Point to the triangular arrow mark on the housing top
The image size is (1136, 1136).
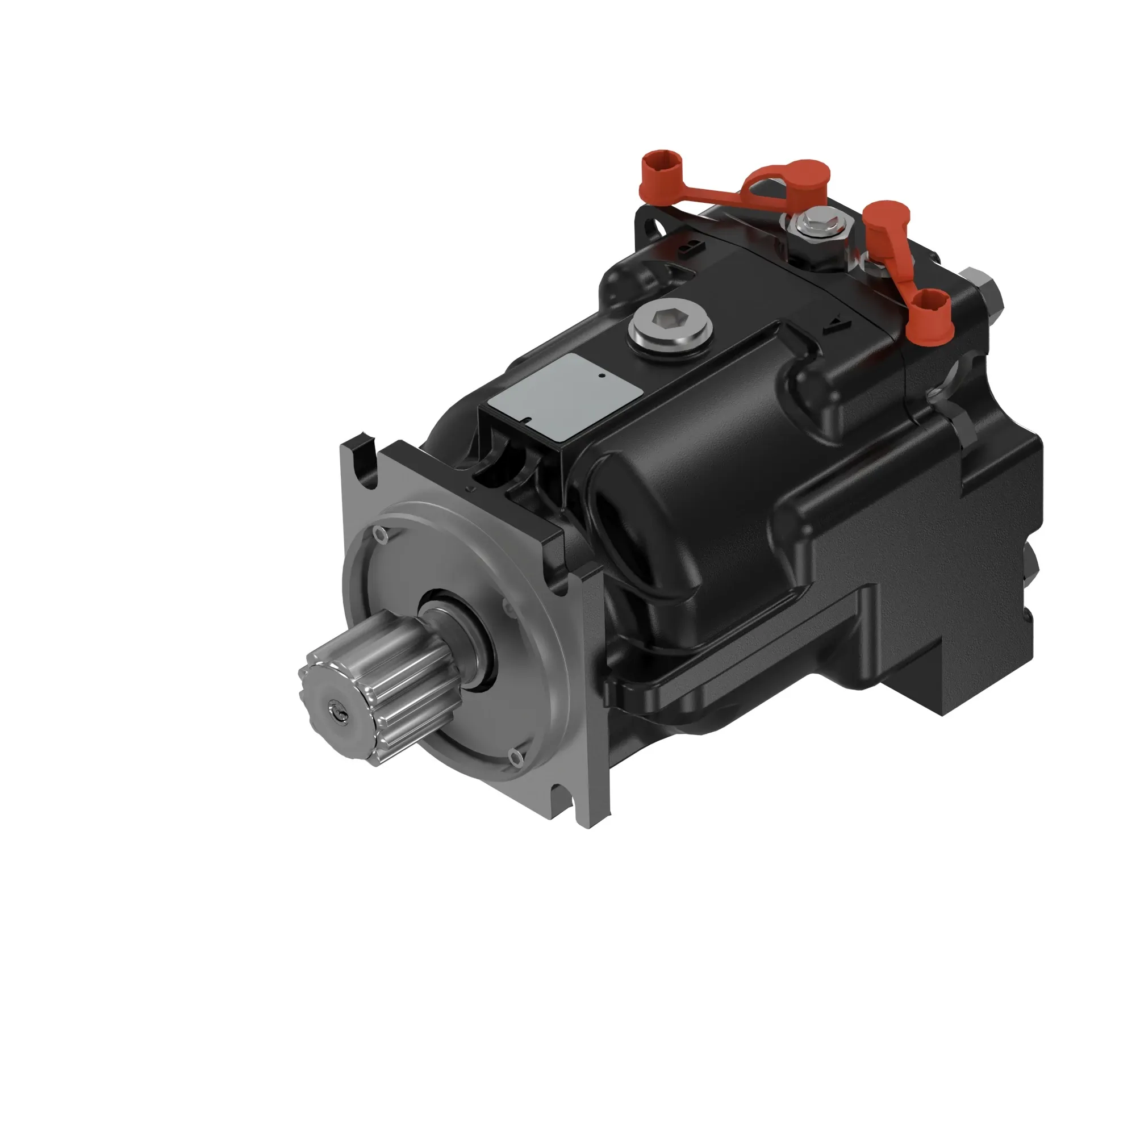point(837,325)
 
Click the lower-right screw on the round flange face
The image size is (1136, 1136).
point(517,758)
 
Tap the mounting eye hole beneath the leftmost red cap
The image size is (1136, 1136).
point(653,227)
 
